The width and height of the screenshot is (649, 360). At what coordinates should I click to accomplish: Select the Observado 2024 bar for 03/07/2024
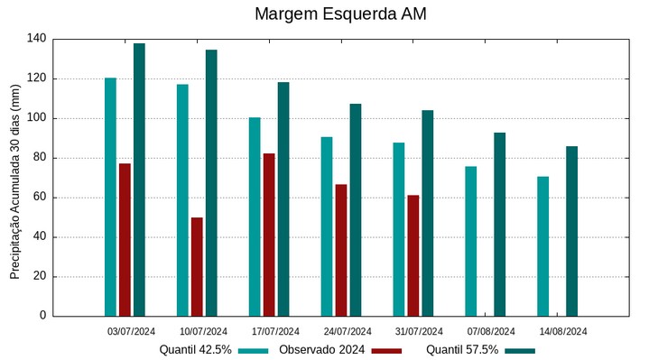[125, 239]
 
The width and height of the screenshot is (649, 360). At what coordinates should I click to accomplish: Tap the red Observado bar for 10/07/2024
[197, 266]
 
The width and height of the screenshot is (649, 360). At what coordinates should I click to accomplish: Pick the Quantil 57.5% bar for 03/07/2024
[139, 180]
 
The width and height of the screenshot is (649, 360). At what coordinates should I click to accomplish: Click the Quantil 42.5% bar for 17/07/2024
[255, 217]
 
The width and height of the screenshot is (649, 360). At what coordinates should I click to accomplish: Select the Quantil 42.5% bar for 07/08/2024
[470, 241]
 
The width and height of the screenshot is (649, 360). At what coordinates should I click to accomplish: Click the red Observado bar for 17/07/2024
[269, 235]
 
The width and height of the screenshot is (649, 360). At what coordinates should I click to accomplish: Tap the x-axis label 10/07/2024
[203, 331]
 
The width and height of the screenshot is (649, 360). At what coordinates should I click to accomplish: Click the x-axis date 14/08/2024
[563, 331]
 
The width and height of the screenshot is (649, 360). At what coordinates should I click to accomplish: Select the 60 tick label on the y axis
[40, 198]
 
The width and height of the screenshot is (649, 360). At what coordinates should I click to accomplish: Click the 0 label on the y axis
[43, 316]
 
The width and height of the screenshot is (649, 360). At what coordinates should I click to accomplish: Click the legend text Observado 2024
[322, 349]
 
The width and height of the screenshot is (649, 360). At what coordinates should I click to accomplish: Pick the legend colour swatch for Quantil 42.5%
[254, 350]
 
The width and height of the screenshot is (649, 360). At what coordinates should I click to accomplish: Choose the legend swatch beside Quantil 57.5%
[520, 350]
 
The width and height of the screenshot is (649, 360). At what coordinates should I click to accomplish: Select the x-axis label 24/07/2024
[348, 331]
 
